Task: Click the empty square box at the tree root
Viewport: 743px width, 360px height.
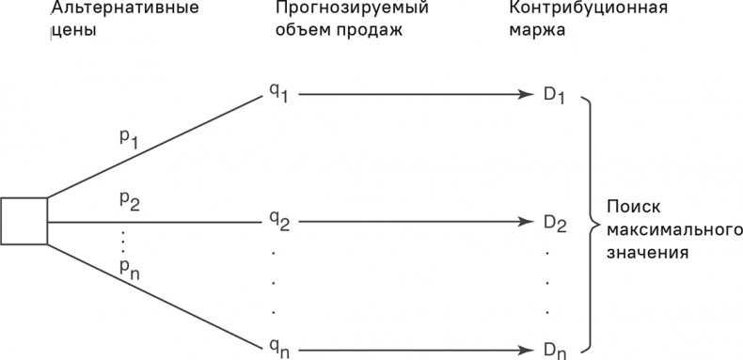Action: point(24,221)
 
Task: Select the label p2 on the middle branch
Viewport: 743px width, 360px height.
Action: point(128,199)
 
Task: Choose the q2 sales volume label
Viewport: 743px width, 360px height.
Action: point(277,222)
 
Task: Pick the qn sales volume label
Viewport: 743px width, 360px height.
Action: point(277,349)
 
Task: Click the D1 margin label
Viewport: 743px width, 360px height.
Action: point(552,96)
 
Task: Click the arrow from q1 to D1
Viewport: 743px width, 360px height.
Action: point(414,95)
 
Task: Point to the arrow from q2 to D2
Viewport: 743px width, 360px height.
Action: point(414,222)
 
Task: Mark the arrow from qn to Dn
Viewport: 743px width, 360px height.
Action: point(414,349)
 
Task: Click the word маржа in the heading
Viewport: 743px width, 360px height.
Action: point(533,32)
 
